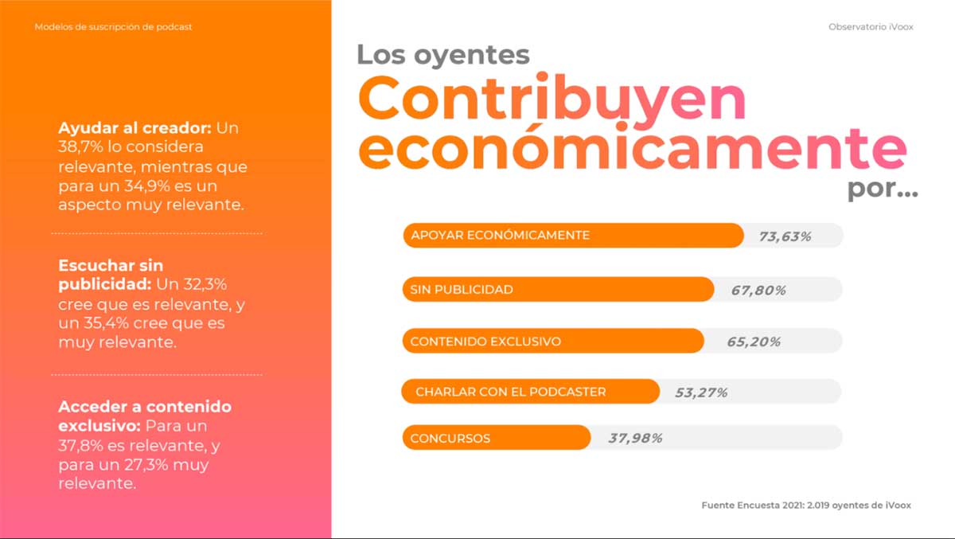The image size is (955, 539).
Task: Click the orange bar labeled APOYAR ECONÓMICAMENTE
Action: pos(573,236)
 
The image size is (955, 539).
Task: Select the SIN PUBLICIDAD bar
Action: pos(558,290)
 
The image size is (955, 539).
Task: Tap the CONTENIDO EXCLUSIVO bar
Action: pos(553,342)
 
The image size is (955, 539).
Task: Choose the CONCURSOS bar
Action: pos(497,438)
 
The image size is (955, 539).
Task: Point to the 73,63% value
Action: pos(785,236)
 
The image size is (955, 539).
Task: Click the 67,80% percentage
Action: pos(758,291)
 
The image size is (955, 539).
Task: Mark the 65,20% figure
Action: pos(754,342)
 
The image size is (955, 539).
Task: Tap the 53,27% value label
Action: pos(701,393)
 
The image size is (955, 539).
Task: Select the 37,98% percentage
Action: pos(635,438)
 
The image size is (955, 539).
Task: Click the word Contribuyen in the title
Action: pos(552,99)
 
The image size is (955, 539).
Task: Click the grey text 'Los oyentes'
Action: pos(442,54)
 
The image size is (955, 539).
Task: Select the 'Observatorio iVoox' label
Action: pos(871,27)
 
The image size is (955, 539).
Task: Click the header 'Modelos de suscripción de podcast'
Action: pos(113,27)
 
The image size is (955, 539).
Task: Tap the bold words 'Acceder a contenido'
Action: pos(145,407)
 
